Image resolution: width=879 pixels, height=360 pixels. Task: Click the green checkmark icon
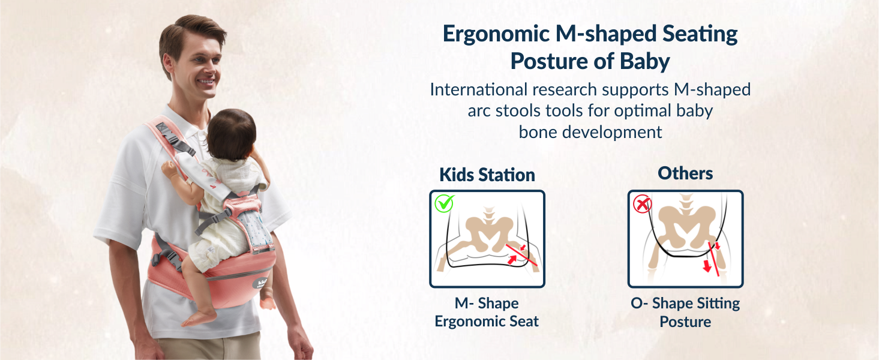click(445, 203)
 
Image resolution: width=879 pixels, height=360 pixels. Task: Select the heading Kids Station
click(487, 175)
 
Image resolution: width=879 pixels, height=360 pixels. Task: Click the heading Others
click(685, 173)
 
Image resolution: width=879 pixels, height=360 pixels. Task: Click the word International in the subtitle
click(478, 90)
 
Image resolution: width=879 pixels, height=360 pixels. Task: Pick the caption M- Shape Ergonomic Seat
click(487, 312)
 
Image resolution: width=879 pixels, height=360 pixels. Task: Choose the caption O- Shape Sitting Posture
click(685, 312)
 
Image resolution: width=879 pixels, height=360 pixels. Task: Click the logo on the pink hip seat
click(262, 283)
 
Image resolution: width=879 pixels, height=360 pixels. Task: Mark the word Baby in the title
click(645, 61)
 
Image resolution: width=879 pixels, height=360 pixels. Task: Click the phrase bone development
click(590, 132)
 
